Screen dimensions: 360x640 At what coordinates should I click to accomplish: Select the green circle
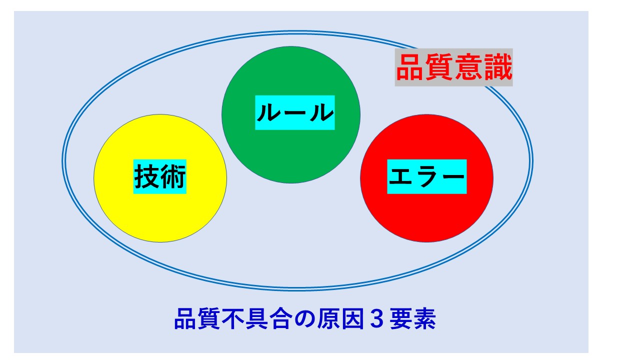point(290,150)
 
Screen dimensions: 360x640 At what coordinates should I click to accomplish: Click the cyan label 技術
point(160,177)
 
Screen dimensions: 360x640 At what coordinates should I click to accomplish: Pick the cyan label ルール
point(295,113)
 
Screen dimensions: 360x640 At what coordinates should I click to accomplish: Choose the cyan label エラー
point(426,177)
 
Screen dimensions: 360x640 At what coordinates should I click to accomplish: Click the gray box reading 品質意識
point(453,67)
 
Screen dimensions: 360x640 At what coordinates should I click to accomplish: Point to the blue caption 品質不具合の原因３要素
point(305,319)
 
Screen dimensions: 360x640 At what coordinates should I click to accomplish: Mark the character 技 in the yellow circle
point(146,177)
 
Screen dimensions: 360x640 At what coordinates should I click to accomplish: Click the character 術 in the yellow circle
point(173,177)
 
